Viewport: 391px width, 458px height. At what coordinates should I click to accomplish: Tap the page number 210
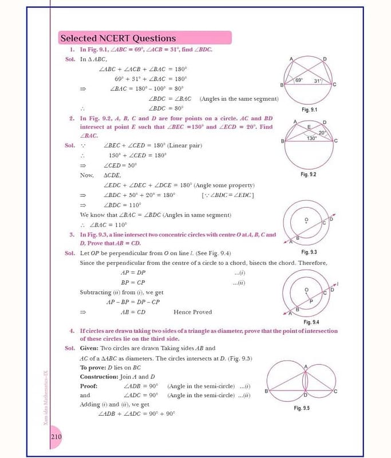[x=56, y=437]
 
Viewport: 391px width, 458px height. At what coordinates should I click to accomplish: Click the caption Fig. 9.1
[x=309, y=109]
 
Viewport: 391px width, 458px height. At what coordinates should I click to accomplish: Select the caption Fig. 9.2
[x=308, y=174]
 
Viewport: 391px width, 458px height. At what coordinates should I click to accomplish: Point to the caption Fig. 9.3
[x=309, y=252]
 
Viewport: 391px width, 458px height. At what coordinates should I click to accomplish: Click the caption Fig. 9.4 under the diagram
[x=311, y=322]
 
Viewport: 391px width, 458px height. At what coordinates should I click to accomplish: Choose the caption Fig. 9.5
[x=302, y=408]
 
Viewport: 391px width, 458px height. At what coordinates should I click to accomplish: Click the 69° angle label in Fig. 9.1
[x=298, y=80]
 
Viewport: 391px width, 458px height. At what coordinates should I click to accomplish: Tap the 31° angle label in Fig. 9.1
[x=317, y=81]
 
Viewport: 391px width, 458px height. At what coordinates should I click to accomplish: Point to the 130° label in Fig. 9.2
[x=311, y=139]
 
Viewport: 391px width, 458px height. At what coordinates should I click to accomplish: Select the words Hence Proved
[x=192, y=312]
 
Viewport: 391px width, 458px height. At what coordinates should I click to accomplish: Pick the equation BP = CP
[x=133, y=282]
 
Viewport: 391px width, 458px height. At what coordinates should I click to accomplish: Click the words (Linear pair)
[x=185, y=145]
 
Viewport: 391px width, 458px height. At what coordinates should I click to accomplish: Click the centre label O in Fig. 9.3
[x=306, y=219]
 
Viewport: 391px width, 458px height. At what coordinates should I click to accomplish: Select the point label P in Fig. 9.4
[x=311, y=301]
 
